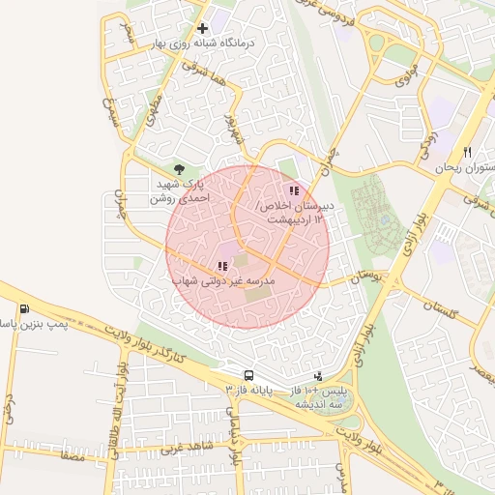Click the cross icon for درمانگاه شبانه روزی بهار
pos(202,28)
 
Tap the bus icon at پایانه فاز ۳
pos(249,375)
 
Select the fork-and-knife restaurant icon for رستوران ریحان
pos(467,152)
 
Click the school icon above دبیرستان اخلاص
pos(294,190)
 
